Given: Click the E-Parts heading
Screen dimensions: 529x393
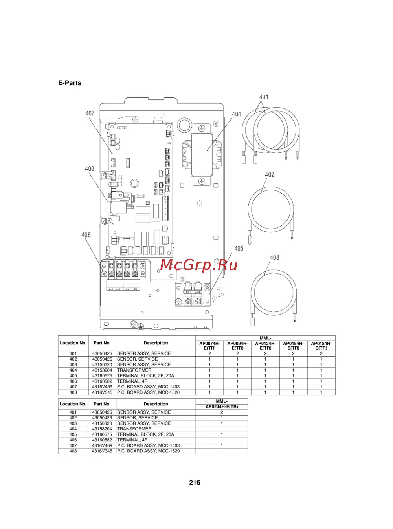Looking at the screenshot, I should (70, 83).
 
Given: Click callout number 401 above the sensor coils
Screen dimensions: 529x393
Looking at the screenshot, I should (264, 97).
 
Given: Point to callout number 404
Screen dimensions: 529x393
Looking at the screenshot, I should (236, 114).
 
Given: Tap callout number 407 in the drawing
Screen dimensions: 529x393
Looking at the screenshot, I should (90, 113).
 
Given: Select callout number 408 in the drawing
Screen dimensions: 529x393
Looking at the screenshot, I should (90, 168).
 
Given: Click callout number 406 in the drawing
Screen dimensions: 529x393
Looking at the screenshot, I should (86, 235).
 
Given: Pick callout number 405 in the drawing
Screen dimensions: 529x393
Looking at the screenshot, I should (239, 248).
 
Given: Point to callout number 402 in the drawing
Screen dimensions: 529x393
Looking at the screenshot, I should (270, 174).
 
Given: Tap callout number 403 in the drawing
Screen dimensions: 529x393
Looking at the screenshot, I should (274, 257).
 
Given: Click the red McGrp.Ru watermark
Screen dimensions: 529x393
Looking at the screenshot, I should (199, 265).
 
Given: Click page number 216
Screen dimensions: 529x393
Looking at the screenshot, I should (195, 483).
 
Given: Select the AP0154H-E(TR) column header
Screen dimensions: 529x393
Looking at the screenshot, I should (293, 346).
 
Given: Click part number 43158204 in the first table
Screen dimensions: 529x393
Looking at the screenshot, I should (102, 370).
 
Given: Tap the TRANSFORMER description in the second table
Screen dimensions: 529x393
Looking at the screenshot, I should (134, 429).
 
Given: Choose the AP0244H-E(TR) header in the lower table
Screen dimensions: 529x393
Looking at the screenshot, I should (222, 406).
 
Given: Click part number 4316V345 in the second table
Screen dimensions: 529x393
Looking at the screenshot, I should (102, 451).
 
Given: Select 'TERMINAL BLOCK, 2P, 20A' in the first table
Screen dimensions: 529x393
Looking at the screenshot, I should (145, 376).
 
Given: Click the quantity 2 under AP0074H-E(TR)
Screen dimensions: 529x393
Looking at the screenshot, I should (209, 353).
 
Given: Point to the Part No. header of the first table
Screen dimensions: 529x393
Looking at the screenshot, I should (102, 343).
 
